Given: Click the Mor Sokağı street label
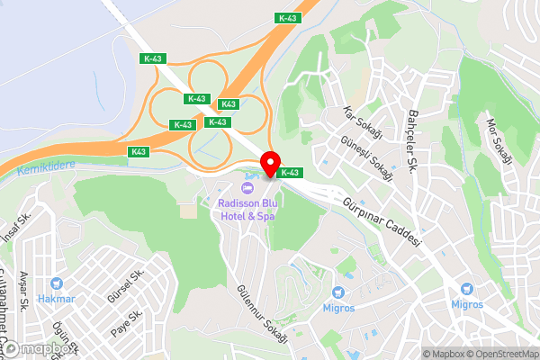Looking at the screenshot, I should tap(498, 140).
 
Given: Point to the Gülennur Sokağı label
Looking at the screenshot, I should tap(262, 315).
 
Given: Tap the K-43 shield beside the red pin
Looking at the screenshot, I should tap(289, 172).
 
